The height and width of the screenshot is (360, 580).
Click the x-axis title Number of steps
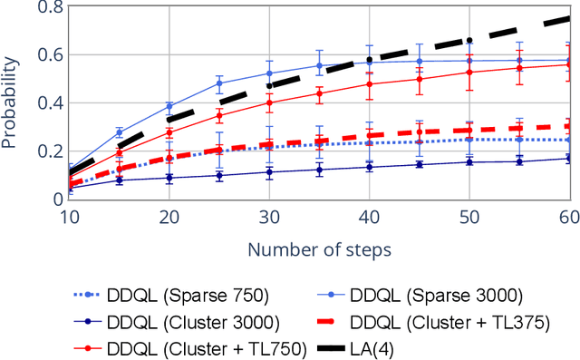319,248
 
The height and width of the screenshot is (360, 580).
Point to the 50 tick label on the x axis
469,218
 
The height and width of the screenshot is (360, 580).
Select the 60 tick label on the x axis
567,218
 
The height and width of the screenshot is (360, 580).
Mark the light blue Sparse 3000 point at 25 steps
219,83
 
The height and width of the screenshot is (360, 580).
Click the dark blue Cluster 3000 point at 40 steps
369,167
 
